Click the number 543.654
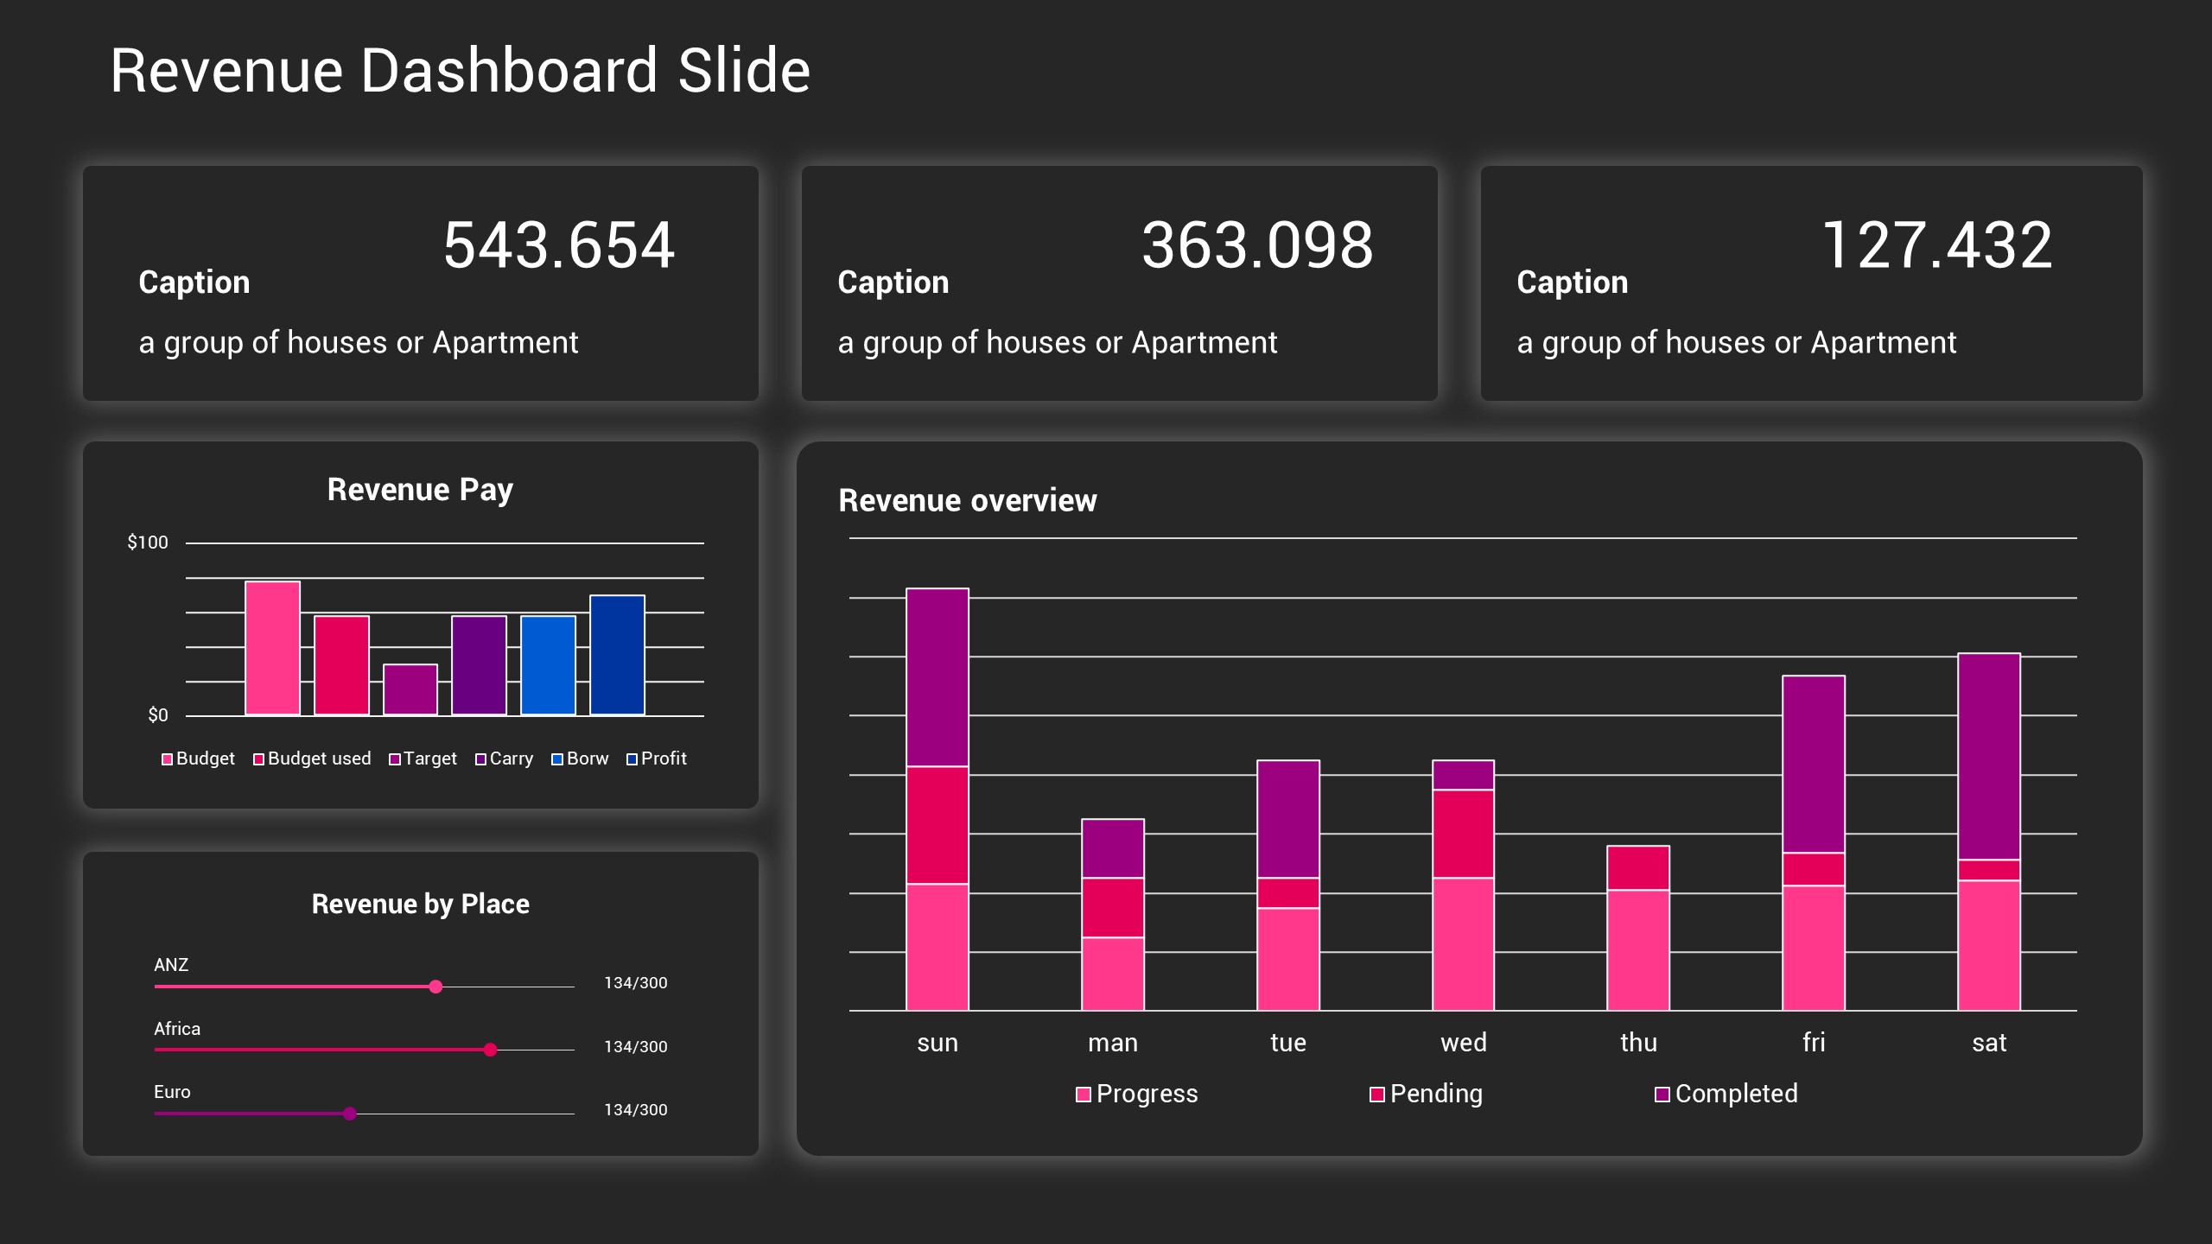point(558,245)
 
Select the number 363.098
point(1257,245)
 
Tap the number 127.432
point(1936,245)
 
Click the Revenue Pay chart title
point(420,490)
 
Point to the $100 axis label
point(148,543)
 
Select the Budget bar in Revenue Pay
point(272,648)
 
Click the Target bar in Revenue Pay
point(410,689)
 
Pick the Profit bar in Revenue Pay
point(617,655)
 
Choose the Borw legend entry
point(580,758)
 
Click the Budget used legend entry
point(312,758)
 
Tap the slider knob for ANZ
point(435,987)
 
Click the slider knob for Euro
point(350,1114)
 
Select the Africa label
point(177,1029)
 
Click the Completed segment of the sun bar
point(938,677)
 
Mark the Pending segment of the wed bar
point(1463,834)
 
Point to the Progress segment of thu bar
point(1638,950)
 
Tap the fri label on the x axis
point(1814,1043)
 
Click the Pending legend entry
point(1427,1094)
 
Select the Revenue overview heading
point(967,501)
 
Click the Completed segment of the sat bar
point(1988,756)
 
